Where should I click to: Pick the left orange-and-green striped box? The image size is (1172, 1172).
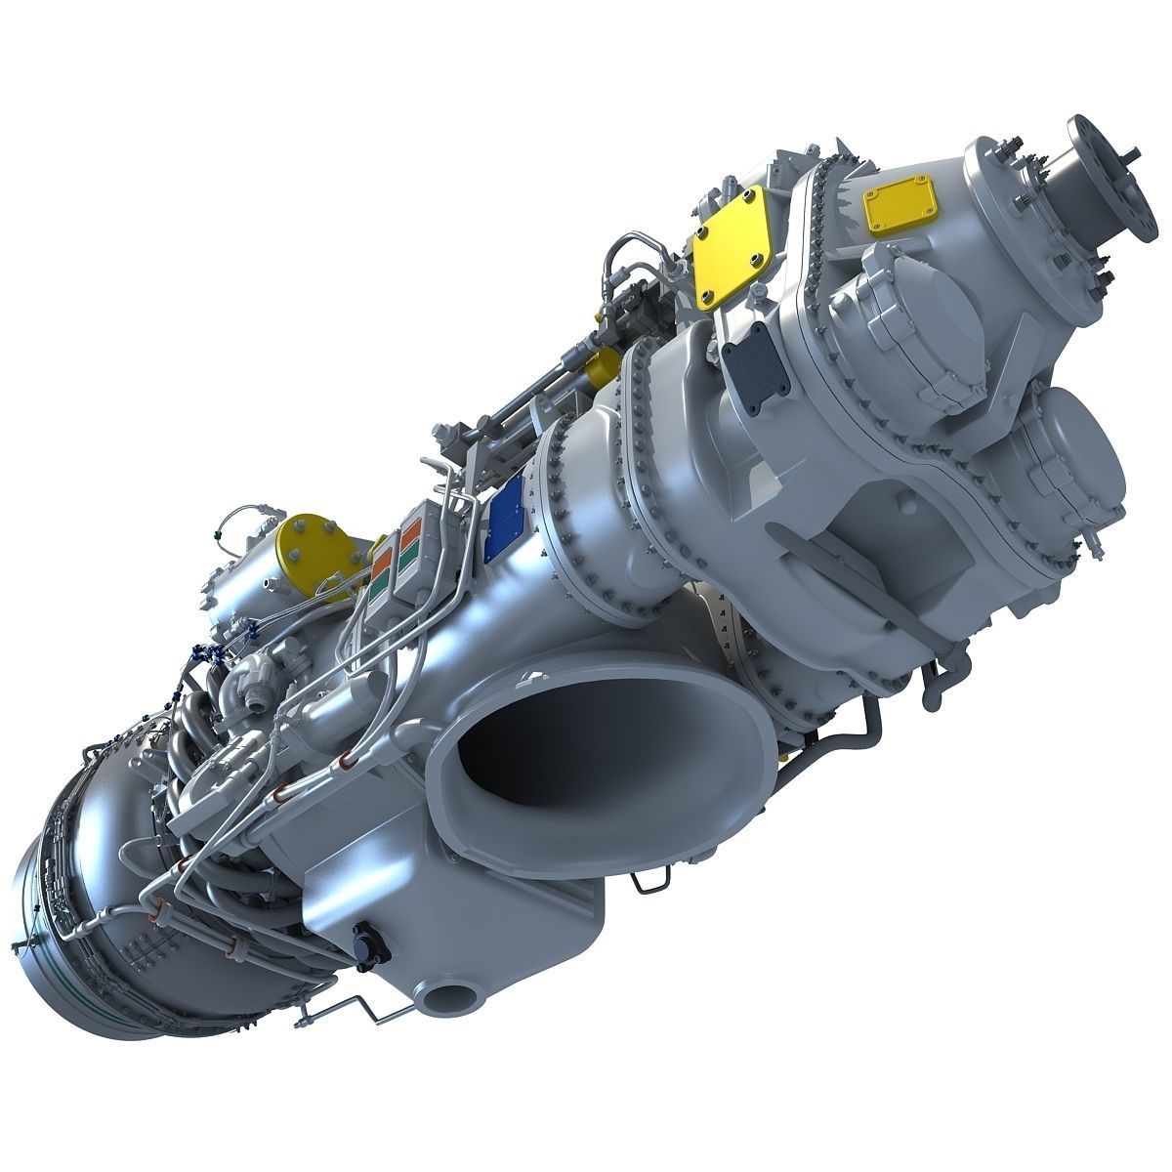[384, 581]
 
